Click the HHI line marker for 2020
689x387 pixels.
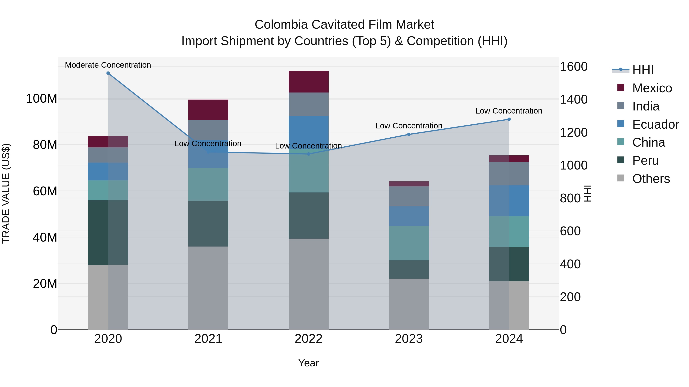(108, 73)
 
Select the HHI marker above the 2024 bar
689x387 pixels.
(509, 119)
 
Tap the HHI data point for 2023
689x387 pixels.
(409, 134)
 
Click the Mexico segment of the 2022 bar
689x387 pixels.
(308, 82)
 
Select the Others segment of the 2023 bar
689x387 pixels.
(409, 304)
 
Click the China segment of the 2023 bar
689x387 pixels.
(409, 243)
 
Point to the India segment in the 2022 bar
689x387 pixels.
(308, 104)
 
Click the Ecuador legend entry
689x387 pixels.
(655, 124)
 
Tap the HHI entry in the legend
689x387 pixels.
(642, 70)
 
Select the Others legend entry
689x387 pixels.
(651, 179)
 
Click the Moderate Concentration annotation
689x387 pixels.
(108, 65)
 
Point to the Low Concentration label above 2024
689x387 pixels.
(509, 111)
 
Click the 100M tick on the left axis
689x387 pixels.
(42, 99)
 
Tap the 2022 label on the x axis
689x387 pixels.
(308, 339)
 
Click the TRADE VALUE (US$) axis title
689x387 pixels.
(6, 193)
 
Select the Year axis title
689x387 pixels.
(308, 363)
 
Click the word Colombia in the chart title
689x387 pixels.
(281, 25)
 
